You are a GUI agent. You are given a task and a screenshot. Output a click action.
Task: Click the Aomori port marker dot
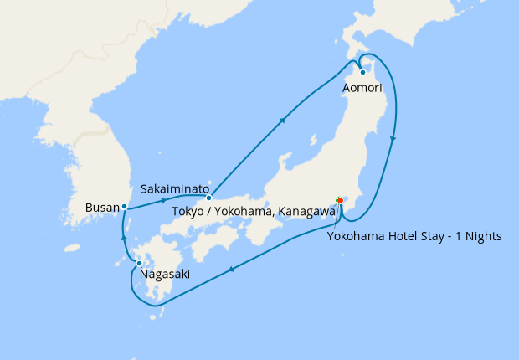(362, 72)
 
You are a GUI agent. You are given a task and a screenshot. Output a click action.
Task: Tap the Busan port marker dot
(124, 206)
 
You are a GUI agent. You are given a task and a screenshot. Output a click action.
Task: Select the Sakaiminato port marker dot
(208, 198)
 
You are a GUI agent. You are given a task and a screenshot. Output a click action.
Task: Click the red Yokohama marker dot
(340, 200)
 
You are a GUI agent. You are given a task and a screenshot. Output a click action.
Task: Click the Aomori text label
(363, 87)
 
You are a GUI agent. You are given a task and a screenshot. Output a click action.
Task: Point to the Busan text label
(103, 206)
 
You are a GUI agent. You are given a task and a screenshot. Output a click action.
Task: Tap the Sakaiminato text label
(175, 188)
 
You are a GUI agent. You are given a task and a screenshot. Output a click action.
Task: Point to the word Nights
(482, 236)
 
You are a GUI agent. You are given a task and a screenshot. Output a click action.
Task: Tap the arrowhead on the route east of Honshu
(393, 139)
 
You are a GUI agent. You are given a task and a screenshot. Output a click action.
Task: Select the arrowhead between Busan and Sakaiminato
(162, 202)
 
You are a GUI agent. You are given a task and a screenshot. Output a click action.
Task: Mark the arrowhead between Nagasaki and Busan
(124, 238)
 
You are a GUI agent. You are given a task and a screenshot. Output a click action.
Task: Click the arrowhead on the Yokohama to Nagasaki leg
(232, 270)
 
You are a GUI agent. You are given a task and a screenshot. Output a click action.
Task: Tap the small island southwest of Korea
(72, 248)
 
